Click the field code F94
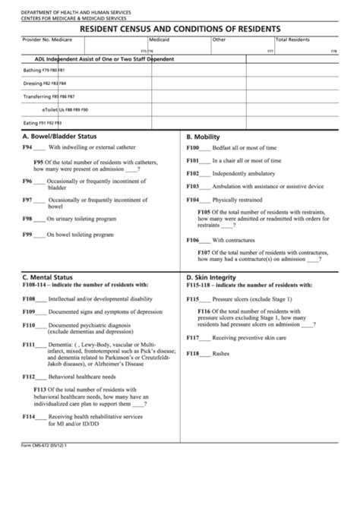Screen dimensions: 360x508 [27, 147]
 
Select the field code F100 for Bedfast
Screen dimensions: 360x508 [193, 147]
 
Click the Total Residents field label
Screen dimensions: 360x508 [292, 39]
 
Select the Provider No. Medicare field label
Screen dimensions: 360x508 [49, 39]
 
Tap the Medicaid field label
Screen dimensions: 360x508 [159, 39]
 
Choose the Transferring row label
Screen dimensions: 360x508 [38, 97]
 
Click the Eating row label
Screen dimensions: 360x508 [30, 122]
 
